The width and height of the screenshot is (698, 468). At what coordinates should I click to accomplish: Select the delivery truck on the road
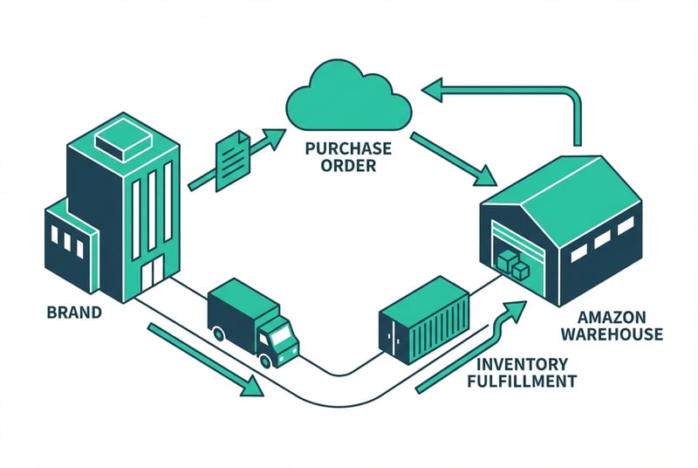(x=252, y=320)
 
